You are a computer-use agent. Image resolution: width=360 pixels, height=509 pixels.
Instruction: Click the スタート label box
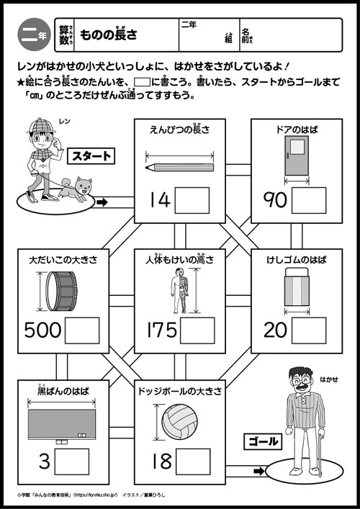[x=92, y=155]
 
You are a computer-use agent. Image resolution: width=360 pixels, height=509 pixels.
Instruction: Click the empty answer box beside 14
[x=192, y=199]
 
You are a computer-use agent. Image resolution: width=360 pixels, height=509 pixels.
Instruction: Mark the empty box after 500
[x=83, y=330]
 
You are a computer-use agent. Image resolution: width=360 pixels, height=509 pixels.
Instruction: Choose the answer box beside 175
[x=197, y=330]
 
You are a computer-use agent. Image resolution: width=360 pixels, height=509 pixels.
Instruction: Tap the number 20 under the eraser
[x=275, y=330]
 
